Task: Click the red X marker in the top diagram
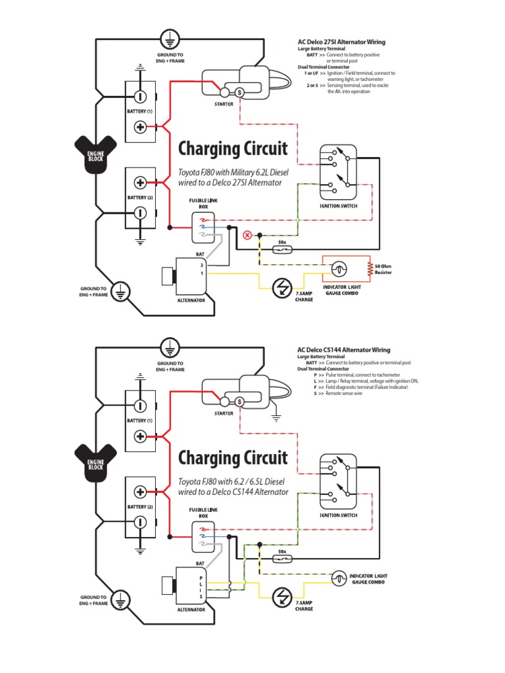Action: [248, 235]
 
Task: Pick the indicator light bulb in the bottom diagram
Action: [339, 577]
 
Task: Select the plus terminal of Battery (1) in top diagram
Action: [140, 127]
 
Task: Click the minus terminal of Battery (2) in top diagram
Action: [140, 212]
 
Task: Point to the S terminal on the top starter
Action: [239, 93]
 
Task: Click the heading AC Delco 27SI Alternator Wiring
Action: [341, 42]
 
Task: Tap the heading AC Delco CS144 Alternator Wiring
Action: [344, 350]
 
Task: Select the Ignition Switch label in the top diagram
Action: [339, 206]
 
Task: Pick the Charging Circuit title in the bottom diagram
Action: [233, 457]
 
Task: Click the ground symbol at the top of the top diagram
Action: [170, 37]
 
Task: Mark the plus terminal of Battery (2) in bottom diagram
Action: [140, 492]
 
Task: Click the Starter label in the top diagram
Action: [224, 104]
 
